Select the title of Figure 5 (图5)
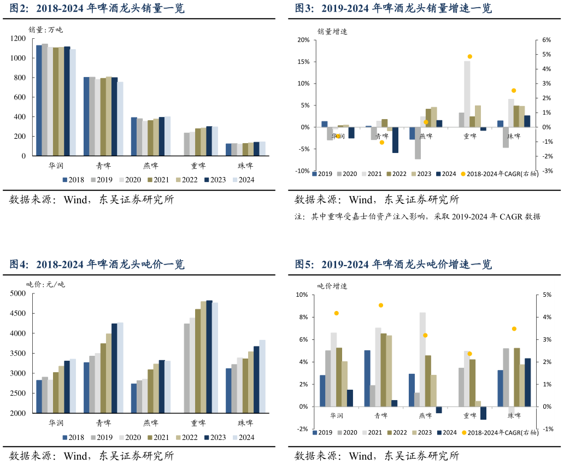point(393,265)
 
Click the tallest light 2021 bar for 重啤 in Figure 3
point(467,93)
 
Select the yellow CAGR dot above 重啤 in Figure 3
point(469,57)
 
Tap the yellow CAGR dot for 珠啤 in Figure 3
point(514,91)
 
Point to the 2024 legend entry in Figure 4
point(243,437)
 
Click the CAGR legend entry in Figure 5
point(500,432)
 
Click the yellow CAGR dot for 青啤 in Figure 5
point(381,306)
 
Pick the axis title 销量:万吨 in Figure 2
point(46,30)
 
